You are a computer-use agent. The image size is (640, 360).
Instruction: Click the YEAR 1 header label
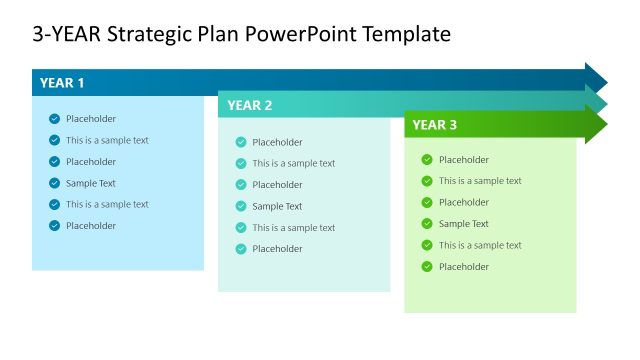(62, 83)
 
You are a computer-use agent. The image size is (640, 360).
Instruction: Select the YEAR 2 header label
(249, 105)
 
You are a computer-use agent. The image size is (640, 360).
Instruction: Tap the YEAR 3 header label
(435, 125)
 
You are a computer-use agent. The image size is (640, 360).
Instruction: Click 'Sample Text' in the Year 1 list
(91, 183)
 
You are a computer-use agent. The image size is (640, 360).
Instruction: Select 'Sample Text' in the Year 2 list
(277, 206)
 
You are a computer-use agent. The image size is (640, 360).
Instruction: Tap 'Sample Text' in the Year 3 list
(464, 224)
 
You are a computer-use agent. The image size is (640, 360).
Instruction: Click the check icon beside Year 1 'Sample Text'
(54, 183)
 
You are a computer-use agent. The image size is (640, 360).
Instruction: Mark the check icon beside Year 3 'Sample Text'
(427, 224)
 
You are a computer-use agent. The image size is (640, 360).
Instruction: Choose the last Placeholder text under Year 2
(277, 249)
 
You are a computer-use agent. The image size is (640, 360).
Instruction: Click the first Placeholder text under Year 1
(91, 119)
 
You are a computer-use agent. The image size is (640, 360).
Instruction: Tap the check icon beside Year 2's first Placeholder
(241, 142)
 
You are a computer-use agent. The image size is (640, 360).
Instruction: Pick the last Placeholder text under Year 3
(464, 267)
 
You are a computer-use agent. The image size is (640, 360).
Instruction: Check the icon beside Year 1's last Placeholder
(54, 226)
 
